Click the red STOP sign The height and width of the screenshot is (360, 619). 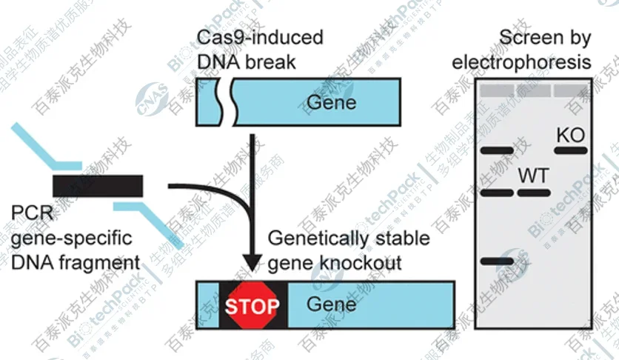(x=251, y=305)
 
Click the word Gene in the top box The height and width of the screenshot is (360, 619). (x=331, y=101)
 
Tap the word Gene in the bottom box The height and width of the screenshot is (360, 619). (x=331, y=304)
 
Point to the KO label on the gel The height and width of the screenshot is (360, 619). (x=570, y=136)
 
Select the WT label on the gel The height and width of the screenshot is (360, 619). (x=533, y=176)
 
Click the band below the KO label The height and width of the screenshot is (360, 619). (x=570, y=150)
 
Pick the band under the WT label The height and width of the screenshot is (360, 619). (x=533, y=193)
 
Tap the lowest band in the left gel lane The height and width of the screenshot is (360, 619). (x=497, y=261)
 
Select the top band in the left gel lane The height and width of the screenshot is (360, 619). (x=497, y=151)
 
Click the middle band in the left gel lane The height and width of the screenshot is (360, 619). (x=497, y=193)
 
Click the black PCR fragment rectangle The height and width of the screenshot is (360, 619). (x=98, y=185)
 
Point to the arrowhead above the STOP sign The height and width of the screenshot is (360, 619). (x=253, y=262)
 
